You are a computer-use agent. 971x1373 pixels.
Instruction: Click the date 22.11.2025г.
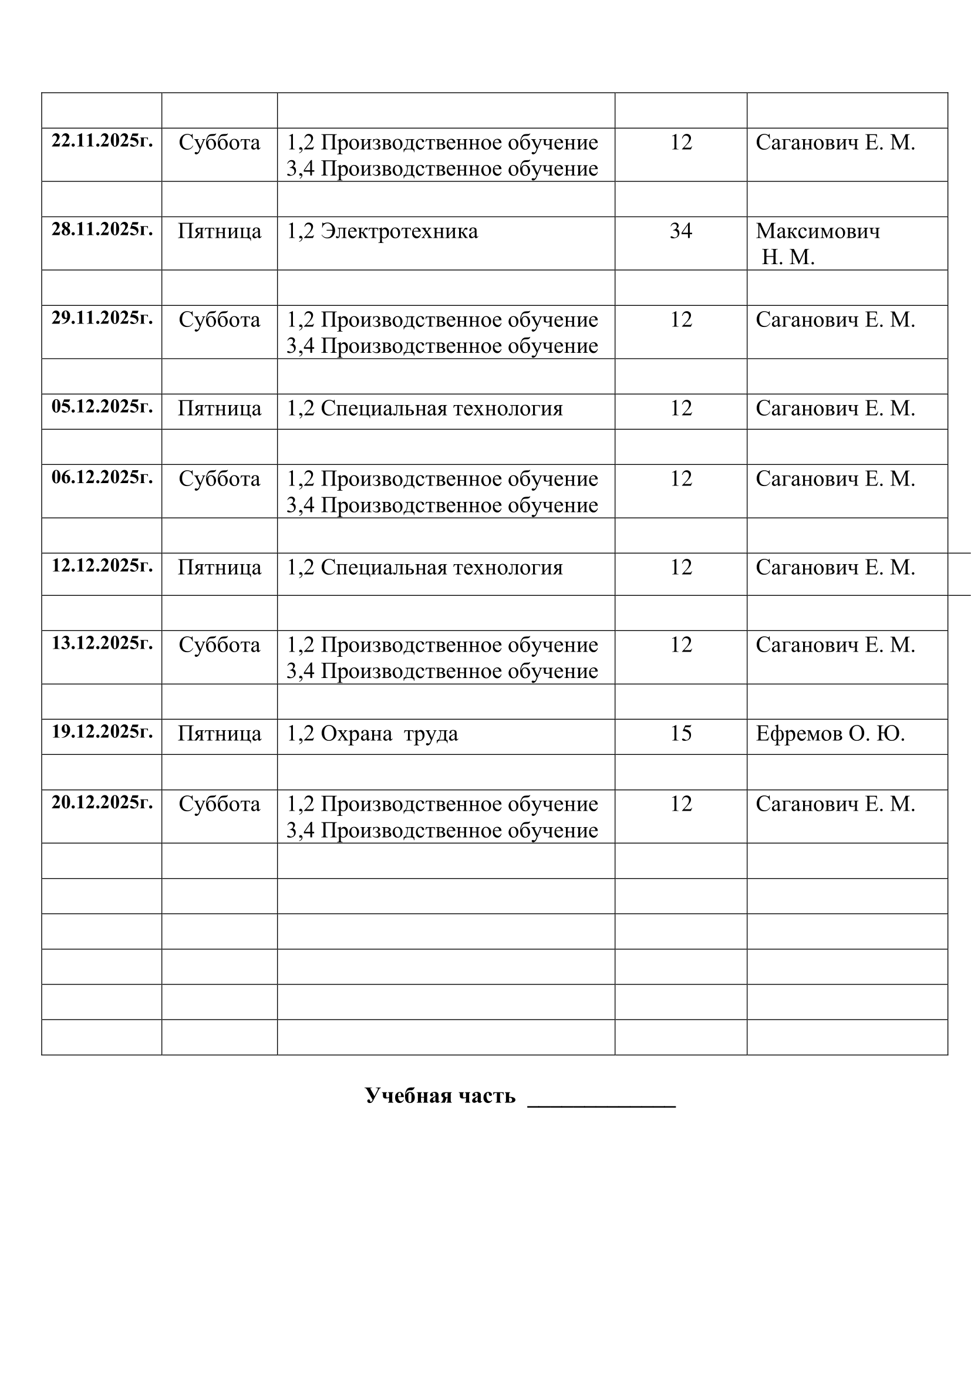pyautogui.click(x=102, y=141)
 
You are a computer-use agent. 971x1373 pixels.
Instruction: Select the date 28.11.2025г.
pyautogui.click(x=102, y=230)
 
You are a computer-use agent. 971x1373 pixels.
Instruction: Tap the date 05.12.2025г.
pyautogui.click(x=102, y=407)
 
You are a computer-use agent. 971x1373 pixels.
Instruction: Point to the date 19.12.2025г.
pyautogui.click(x=102, y=732)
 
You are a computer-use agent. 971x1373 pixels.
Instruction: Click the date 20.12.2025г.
pyautogui.click(x=102, y=802)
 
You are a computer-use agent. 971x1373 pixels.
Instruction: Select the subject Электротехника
pyautogui.click(x=399, y=231)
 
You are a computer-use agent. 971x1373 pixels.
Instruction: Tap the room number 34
pyautogui.click(x=680, y=231)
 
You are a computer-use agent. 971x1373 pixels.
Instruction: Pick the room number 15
pyautogui.click(x=680, y=734)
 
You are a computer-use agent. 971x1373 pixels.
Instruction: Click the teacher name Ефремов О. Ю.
pyautogui.click(x=830, y=734)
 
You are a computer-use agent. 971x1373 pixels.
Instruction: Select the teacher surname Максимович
pyautogui.click(x=817, y=231)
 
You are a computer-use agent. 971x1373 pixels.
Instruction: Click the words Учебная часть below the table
pyautogui.click(x=440, y=1096)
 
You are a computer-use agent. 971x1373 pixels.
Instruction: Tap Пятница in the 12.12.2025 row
pyautogui.click(x=220, y=568)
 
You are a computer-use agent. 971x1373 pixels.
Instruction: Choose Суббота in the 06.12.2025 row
pyautogui.click(x=220, y=479)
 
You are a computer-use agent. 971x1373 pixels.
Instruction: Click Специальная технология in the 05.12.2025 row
pyautogui.click(x=441, y=409)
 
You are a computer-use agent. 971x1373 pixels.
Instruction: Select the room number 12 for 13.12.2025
pyautogui.click(x=680, y=645)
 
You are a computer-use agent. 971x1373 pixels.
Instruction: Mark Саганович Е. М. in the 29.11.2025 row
pyautogui.click(x=835, y=320)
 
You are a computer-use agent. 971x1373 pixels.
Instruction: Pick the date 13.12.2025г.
pyautogui.click(x=102, y=643)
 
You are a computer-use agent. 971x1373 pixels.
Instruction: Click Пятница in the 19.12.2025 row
pyautogui.click(x=220, y=734)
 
